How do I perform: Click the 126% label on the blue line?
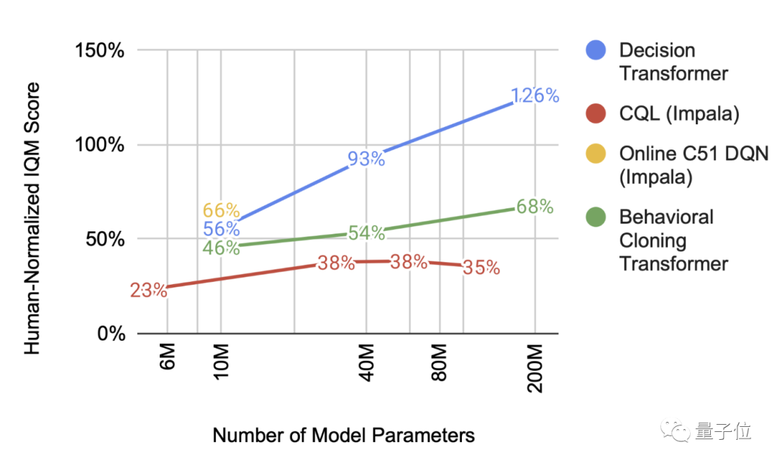coord(535,96)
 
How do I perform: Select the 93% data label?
coord(366,159)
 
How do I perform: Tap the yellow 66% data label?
coord(221,211)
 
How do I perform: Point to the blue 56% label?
coord(221,229)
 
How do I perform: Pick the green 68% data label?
coord(535,207)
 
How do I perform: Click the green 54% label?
coord(366,233)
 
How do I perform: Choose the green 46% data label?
coord(221,248)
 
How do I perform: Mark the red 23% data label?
coord(149,291)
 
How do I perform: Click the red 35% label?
coord(481,268)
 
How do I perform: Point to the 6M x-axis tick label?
coord(166,358)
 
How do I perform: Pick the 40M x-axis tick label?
coord(366,362)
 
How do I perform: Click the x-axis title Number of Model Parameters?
coord(344,436)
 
